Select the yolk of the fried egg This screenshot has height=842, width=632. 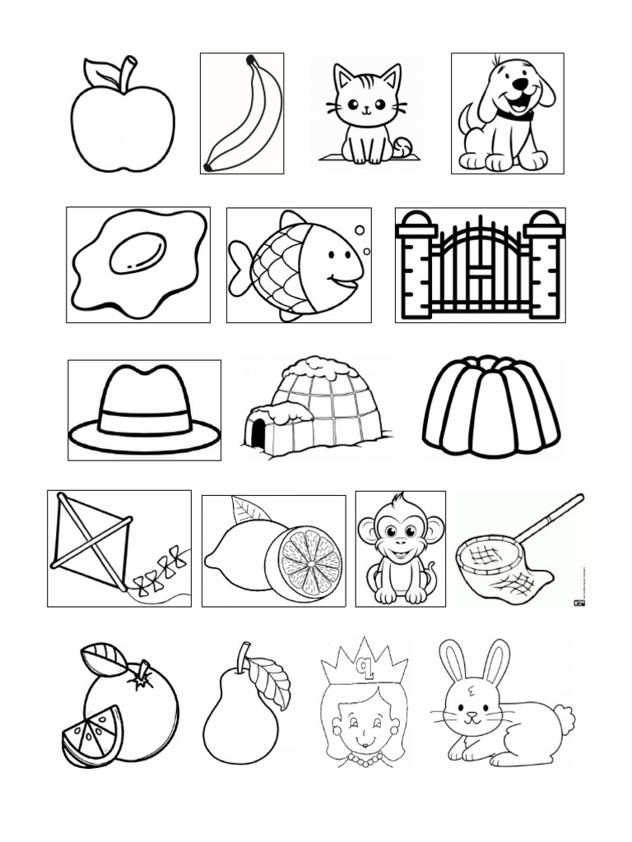(138, 252)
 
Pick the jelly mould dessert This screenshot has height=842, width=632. (491, 406)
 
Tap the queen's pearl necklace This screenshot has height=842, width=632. (363, 760)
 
